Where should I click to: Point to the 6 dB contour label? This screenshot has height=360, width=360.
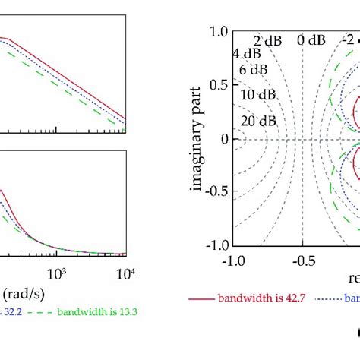(254, 70)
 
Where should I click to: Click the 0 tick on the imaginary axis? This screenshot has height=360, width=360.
(223, 139)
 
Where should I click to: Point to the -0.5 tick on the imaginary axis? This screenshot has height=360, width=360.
(216, 192)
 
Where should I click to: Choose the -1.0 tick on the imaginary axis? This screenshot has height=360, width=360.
(216, 245)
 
